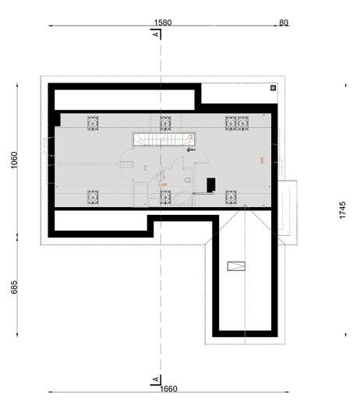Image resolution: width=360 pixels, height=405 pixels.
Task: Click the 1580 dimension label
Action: (x=162, y=23)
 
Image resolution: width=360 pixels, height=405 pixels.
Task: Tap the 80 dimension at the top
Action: (x=284, y=23)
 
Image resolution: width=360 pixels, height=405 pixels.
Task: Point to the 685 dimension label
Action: (x=15, y=287)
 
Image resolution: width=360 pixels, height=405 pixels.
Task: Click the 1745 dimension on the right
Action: (x=344, y=211)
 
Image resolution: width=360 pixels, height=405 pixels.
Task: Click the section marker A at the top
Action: (x=157, y=34)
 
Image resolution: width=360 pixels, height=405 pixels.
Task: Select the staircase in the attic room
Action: (x=161, y=139)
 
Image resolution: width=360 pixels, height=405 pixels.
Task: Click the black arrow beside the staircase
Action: (x=191, y=150)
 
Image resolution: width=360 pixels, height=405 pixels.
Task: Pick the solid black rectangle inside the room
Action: (x=210, y=185)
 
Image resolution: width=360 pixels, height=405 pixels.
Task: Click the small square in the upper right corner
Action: (x=272, y=89)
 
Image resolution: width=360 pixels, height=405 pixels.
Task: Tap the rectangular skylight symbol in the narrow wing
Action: (x=236, y=266)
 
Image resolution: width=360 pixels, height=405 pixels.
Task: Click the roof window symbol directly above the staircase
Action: (x=165, y=122)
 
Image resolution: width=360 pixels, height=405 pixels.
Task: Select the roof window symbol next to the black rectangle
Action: (x=231, y=197)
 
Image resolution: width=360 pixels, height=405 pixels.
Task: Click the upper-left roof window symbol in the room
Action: (x=94, y=122)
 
